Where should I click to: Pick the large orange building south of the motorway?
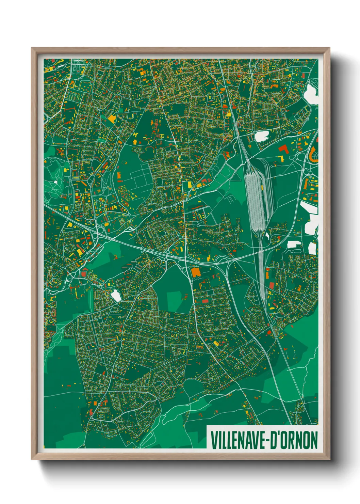tap(195, 272)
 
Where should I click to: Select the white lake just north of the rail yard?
tap(262, 136)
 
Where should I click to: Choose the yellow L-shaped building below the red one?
tap(281, 158)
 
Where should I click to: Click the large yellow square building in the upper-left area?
tap(112, 119)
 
